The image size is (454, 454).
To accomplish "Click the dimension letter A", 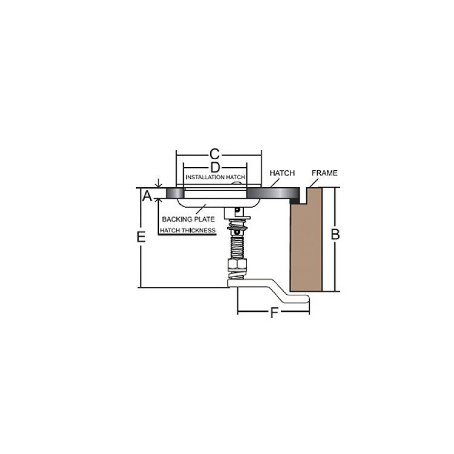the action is (147, 196).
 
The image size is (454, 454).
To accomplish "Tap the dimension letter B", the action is (335, 234).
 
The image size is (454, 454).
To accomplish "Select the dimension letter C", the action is (214, 154).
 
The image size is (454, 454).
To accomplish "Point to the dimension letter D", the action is (215, 168).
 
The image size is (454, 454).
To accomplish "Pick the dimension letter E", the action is (141, 237).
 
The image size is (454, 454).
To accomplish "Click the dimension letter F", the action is (274, 313).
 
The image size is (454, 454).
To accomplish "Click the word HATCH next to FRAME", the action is (282, 173).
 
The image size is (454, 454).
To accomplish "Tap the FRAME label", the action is (324, 173).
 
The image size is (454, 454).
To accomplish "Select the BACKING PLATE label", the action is (188, 219).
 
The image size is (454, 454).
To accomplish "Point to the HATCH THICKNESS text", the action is (188, 231).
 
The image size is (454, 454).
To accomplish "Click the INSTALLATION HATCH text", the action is (215, 177).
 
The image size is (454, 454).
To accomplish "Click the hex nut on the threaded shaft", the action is (237, 265).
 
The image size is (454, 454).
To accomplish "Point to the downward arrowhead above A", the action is (159, 185).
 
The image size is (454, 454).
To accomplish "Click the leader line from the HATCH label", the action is (275, 183).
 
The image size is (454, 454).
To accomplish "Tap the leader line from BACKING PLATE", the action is (200, 209).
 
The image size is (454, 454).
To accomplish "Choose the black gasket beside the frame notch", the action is (295, 200).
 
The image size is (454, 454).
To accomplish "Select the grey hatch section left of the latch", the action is (175, 193).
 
